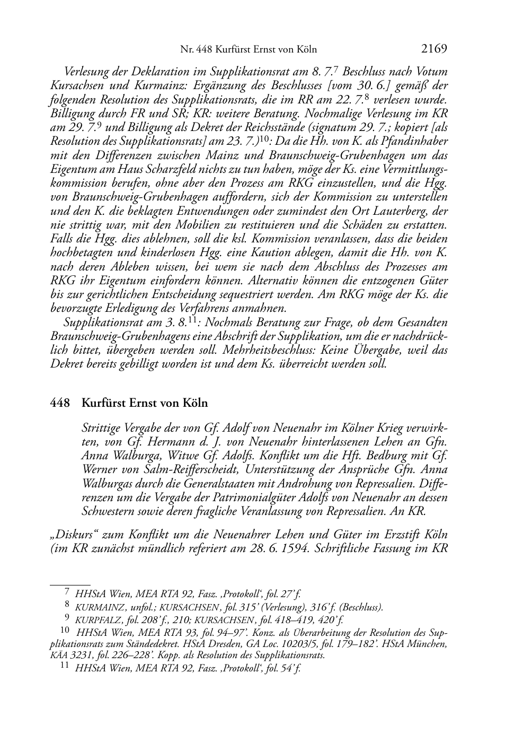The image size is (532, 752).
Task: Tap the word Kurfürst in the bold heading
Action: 103,403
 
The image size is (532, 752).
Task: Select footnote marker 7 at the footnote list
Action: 67,594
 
